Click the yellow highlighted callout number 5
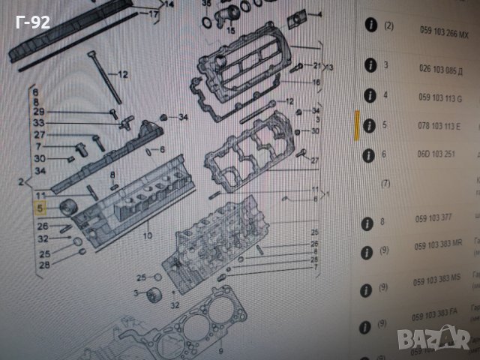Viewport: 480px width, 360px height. click(x=42, y=209)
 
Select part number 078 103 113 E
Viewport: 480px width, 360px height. click(x=439, y=124)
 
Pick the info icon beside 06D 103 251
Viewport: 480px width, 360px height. click(x=368, y=155)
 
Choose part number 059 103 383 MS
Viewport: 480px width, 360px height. click(x=439, y=278)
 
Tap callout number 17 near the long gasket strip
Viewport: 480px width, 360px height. click(x=153, y=13)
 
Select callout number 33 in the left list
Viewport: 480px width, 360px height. click(x=39, y=123)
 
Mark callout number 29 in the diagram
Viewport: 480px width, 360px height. click(x=39, y=112)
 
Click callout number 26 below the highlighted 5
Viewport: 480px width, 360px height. click(x=42, y=226)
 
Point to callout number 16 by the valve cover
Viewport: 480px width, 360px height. click(x=316, y=82)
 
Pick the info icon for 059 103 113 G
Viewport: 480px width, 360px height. click(x=368, y=95)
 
